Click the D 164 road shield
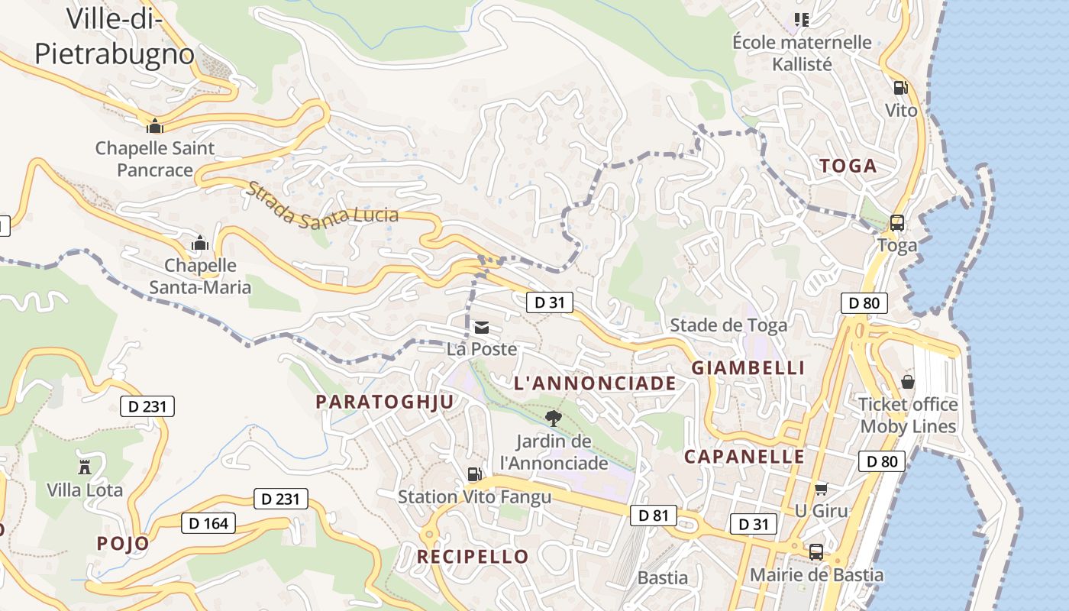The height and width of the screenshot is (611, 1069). (x=208, y=523)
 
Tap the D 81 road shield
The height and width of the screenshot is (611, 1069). (x=654, y=516)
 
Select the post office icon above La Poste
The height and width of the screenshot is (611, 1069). (x=482, y=328)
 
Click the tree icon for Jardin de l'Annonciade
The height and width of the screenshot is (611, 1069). (x=554, y=418)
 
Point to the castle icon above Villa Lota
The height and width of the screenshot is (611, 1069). (x=85, y=467)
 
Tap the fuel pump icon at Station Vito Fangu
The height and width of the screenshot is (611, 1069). (x=474, y=474)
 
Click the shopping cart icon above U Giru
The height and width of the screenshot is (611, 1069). (x=822, y=489)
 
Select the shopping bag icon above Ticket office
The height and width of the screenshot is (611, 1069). (x=908, y=381)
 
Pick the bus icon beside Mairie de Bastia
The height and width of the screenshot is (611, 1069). (x=816, y=552)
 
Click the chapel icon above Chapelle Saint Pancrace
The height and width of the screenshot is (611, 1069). (x=155, y=125)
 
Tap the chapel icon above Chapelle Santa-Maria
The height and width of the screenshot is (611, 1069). (x=200, y=243)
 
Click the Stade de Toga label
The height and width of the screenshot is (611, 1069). (x=728, y=325)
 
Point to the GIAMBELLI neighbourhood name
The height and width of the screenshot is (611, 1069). (x=748, y=367)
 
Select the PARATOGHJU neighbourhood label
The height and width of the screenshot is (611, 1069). (x=385, y=402)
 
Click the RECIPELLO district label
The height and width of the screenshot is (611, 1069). (x=473, y=557)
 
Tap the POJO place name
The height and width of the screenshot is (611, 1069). (x=123, y=543)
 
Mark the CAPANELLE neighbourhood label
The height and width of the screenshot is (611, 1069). (x=744, y=457)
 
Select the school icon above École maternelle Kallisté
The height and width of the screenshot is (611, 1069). (x=801, y=19)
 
